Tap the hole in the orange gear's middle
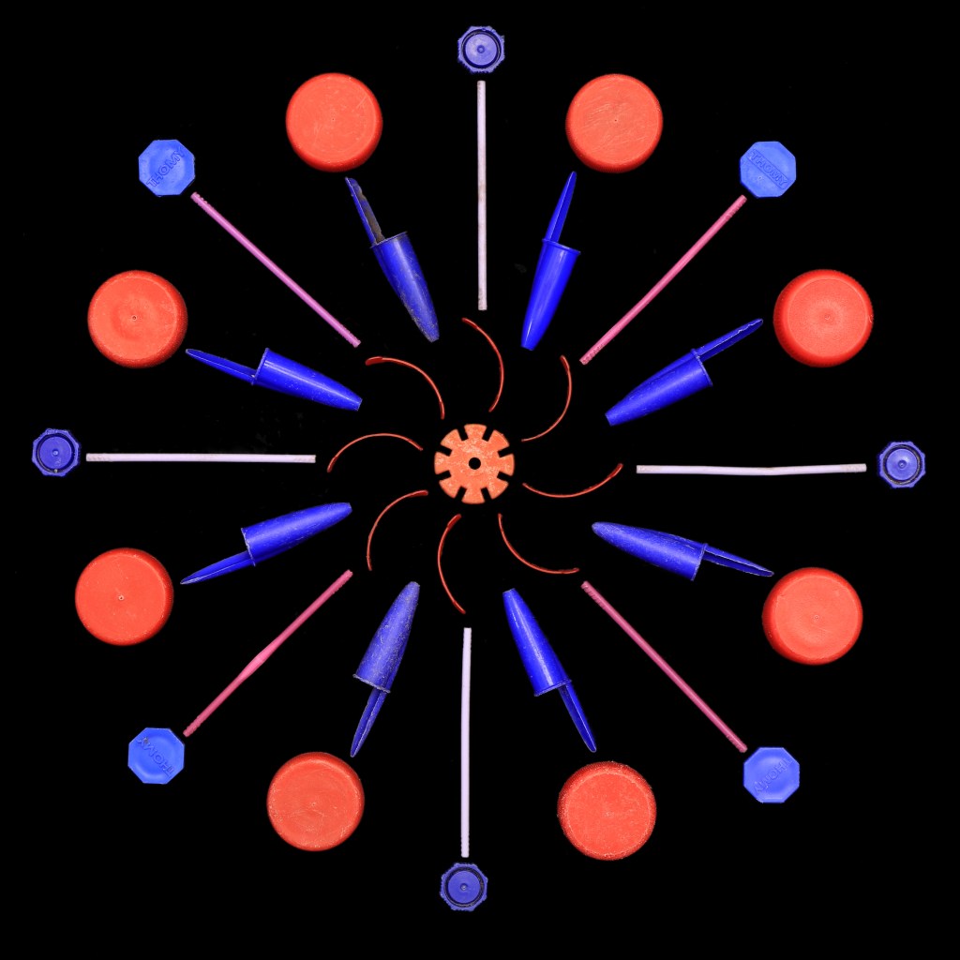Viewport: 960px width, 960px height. [474, 463]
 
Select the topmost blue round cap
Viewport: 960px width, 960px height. [481, 48]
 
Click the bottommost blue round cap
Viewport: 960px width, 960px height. [463, 886]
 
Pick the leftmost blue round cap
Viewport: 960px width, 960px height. [55, 453]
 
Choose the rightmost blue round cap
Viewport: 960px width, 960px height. [901, 465]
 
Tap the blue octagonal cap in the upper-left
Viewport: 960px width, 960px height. [167, 167]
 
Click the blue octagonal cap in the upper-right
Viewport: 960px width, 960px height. [768, 169]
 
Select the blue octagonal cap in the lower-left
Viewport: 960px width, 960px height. [156, 755]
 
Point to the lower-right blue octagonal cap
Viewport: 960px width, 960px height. [771, 774]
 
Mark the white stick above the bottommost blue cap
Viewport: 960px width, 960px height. [465, 741]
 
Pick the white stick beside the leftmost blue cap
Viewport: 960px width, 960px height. [201, 457]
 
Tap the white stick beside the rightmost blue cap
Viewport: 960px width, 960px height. [751, 469]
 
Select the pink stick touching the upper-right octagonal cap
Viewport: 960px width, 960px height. [663, 279]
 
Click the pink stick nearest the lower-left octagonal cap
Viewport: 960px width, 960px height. [268, 652]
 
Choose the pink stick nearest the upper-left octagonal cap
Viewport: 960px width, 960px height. [275, 269]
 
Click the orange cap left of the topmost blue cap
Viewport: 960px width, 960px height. [334, 122]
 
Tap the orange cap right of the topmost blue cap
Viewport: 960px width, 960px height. [614, 123]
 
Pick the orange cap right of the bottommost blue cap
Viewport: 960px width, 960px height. [607, 810]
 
